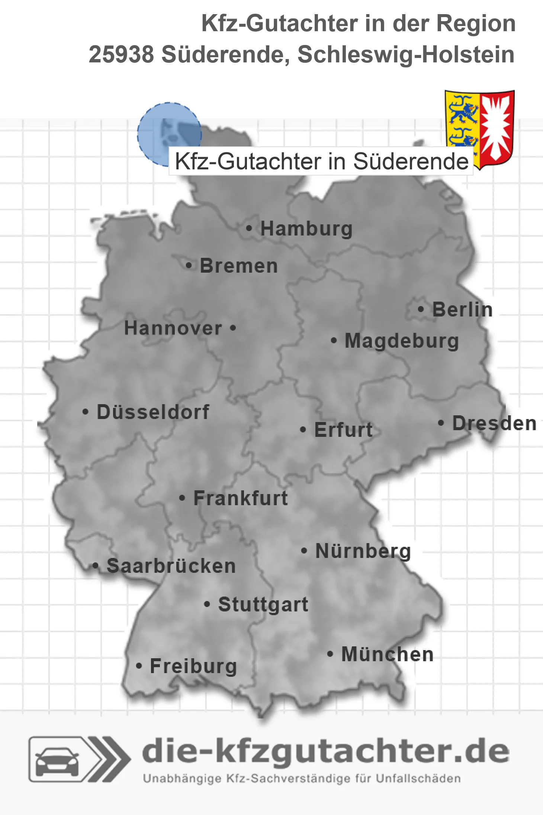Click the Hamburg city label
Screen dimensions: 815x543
[306, 228]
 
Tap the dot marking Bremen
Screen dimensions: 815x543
[189, 266]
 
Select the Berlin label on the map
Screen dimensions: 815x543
[462, 309]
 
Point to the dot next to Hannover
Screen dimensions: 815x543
[233, 328]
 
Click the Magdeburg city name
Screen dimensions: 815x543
[402, 341]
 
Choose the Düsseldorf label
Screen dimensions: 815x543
[153, 412]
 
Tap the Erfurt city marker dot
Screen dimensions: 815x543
[303, 430]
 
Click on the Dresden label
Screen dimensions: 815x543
[494, 423]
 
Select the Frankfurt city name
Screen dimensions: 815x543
[241, 498]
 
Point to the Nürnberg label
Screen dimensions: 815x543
[363, 551]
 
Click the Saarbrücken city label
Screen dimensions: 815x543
[171, 566]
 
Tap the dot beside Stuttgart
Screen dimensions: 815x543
[207, 604]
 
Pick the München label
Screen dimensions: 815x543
[388, 654]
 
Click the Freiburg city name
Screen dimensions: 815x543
[193, 666]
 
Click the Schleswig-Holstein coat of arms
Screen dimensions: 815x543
[479, 129]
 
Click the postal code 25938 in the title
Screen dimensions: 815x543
[121, 55]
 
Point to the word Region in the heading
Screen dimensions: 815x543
[476, 23]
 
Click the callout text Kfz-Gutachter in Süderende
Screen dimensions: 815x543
[321, 162]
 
